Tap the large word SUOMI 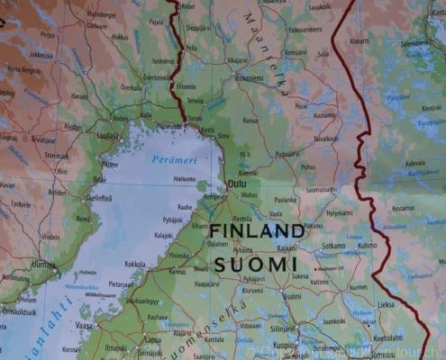pyautogui.click(x=255, y=264)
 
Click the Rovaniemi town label pyautogui.click(x=250, y=78)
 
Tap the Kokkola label pyautogui.click(x=135, y=264)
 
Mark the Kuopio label pyautogui.click(x=285, y=345)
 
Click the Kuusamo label pyautogui.click(x=324, y=115)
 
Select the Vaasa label pyautogui.click(x=84, y=324)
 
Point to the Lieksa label pyautogui.click(x=385, y=304)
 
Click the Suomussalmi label pyautogui.click(x=321, y=190)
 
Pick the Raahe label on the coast pyautogui.click(x=185, y=206)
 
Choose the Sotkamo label pyautogui.click(x=333, y=245)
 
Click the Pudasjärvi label pyautogui.click(x=287, y=153)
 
